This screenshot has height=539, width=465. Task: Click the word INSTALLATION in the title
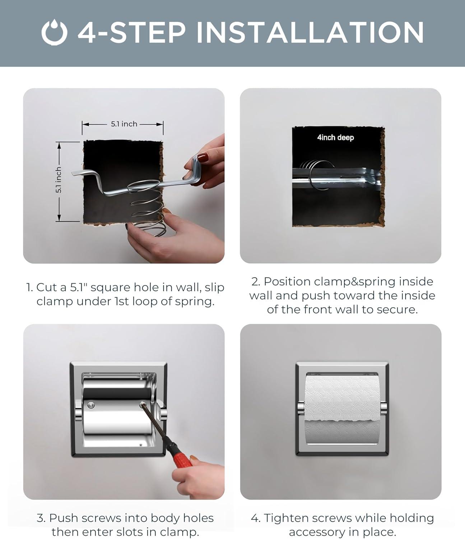tap(310, 32)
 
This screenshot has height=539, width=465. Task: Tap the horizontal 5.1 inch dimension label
tap(124, 124)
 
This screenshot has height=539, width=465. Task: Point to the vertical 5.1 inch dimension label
tap(59, 180)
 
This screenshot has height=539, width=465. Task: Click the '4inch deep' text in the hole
tap(335, 137)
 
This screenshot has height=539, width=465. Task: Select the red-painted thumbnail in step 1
tap(203, 157)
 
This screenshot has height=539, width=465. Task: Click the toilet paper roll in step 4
tap(342, 410)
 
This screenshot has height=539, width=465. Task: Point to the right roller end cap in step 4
tap(383, 408)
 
